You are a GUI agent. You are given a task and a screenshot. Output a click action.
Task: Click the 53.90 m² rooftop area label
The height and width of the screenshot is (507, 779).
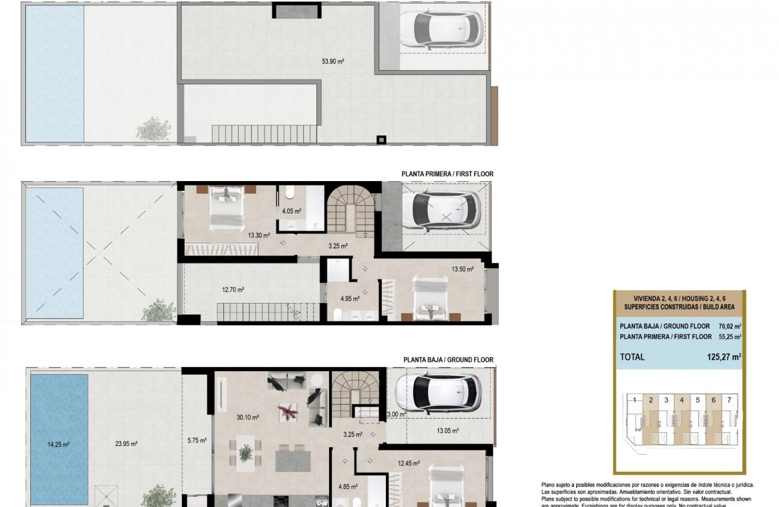[x=333, y=61]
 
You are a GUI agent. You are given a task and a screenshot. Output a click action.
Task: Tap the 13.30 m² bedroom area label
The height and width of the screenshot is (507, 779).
[x=259, y=235]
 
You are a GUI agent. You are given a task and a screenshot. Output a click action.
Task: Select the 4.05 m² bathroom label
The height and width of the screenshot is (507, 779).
[x=291, y=211]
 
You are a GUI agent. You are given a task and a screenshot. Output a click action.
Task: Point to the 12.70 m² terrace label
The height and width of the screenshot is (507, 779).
[x=233, y=290]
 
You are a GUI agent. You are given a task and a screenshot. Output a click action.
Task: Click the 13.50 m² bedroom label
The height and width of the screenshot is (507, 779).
[x=463, y=270]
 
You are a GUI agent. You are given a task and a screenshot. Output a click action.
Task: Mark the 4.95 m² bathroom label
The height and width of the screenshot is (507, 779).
[x=350, y=298]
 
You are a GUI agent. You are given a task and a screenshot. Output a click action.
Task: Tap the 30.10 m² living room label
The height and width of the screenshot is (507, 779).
[x=248, y=417]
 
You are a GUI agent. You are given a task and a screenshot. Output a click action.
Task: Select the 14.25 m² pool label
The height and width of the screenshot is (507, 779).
[x=58, y=444]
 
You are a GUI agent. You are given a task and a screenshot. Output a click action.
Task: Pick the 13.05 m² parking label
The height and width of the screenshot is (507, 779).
[x=447, y=431]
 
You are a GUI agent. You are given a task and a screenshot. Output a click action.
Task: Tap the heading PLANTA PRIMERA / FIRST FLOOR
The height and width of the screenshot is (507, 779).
[x=447, y=174]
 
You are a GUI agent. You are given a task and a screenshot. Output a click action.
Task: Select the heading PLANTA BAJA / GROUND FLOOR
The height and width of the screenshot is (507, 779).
[x=448, y=360]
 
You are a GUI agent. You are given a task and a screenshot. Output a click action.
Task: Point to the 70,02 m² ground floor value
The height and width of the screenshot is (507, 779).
[x=729, y=326]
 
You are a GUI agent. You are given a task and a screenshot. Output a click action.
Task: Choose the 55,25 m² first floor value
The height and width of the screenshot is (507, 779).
[x=729, y=337]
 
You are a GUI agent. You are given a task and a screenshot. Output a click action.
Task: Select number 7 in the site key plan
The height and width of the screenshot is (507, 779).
[x=729, y=400]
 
